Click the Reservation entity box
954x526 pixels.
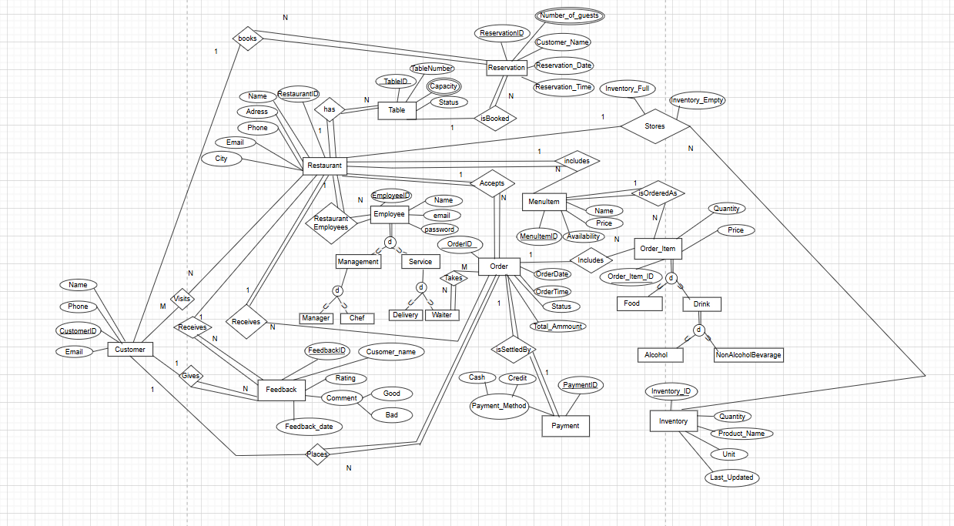click(x=506, y=68)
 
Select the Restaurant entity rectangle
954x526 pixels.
click(x=324, y=166)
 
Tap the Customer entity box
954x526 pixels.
click(x=129, y=350)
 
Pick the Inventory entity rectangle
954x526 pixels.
click(x=673, y=421)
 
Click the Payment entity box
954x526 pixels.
click(x=565, y=426)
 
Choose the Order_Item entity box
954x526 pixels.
click(x=658, y=249)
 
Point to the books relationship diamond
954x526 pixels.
click(x=247, y=39)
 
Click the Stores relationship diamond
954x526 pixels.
click(x=654, y=126)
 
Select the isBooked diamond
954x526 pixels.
click(x=494, y=119)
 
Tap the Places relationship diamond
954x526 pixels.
click(x=317, y=454)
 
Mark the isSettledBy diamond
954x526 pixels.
click(x=514, y=350)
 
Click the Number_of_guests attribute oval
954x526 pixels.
click(x=570, y=15)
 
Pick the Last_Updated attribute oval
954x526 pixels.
click(x=731, y=477)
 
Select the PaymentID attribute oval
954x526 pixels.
click(x=580, y=385)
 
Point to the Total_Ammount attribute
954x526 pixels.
click(x=557, y=327)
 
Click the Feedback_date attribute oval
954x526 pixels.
click(x=309, y=426)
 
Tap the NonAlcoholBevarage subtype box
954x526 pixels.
click(x=748, y=355)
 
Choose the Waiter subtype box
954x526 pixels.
click(x=441, y=315)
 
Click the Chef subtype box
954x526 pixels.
click(x=356, y=318)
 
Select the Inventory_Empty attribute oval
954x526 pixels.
click(x=697, y=100)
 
